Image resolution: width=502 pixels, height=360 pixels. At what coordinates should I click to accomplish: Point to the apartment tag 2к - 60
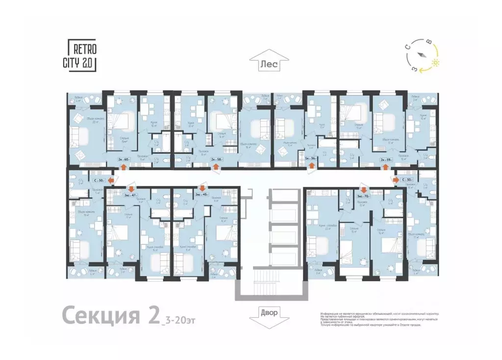123,159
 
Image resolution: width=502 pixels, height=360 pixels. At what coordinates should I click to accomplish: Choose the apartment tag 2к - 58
216,159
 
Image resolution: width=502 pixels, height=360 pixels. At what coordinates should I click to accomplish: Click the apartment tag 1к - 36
310,159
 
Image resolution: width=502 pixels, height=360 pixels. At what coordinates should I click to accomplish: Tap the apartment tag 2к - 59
386,159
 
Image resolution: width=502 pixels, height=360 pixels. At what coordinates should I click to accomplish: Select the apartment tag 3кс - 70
363,195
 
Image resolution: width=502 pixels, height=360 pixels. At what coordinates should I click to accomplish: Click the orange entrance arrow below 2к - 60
123,167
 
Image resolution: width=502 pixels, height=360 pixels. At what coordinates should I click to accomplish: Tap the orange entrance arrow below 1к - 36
310,167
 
